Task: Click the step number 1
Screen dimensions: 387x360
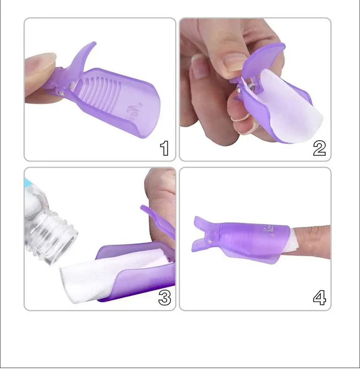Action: (x=164, y=148)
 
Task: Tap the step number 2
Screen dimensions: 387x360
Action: (x=319, y=148)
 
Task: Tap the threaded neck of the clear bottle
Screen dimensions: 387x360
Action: (x=57, y=235)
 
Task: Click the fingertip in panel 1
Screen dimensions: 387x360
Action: (x=38, y=72)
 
